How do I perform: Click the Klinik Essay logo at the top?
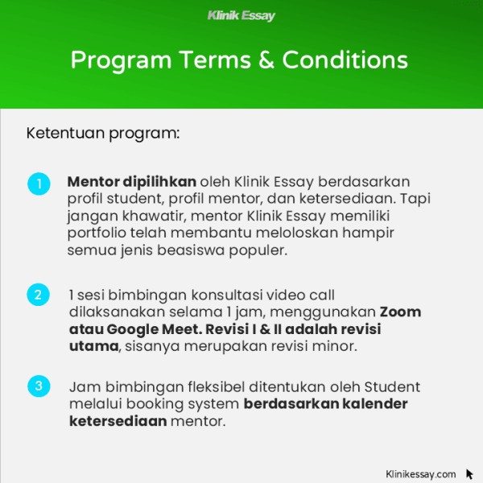[241, 15]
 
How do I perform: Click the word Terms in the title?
[217, 60]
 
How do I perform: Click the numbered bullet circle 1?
[38, 184]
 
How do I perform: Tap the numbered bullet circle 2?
[38, 295]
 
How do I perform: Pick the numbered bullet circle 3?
[38, 386]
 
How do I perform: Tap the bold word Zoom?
[400, 312]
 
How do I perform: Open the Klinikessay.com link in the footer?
[420, 474]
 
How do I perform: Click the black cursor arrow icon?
[469, 474]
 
